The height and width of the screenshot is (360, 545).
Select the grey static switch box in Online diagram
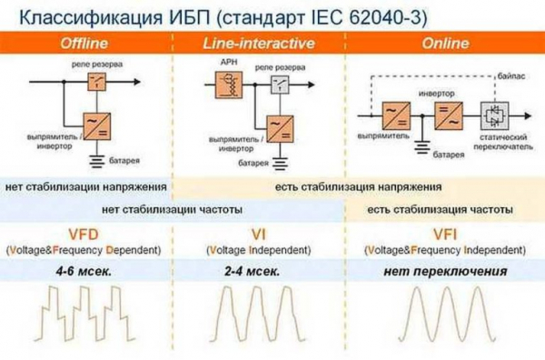495,115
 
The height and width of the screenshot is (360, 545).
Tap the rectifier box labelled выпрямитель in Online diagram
395,115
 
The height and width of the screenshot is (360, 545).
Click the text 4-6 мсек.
84,271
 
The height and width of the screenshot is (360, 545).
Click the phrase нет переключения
444,271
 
